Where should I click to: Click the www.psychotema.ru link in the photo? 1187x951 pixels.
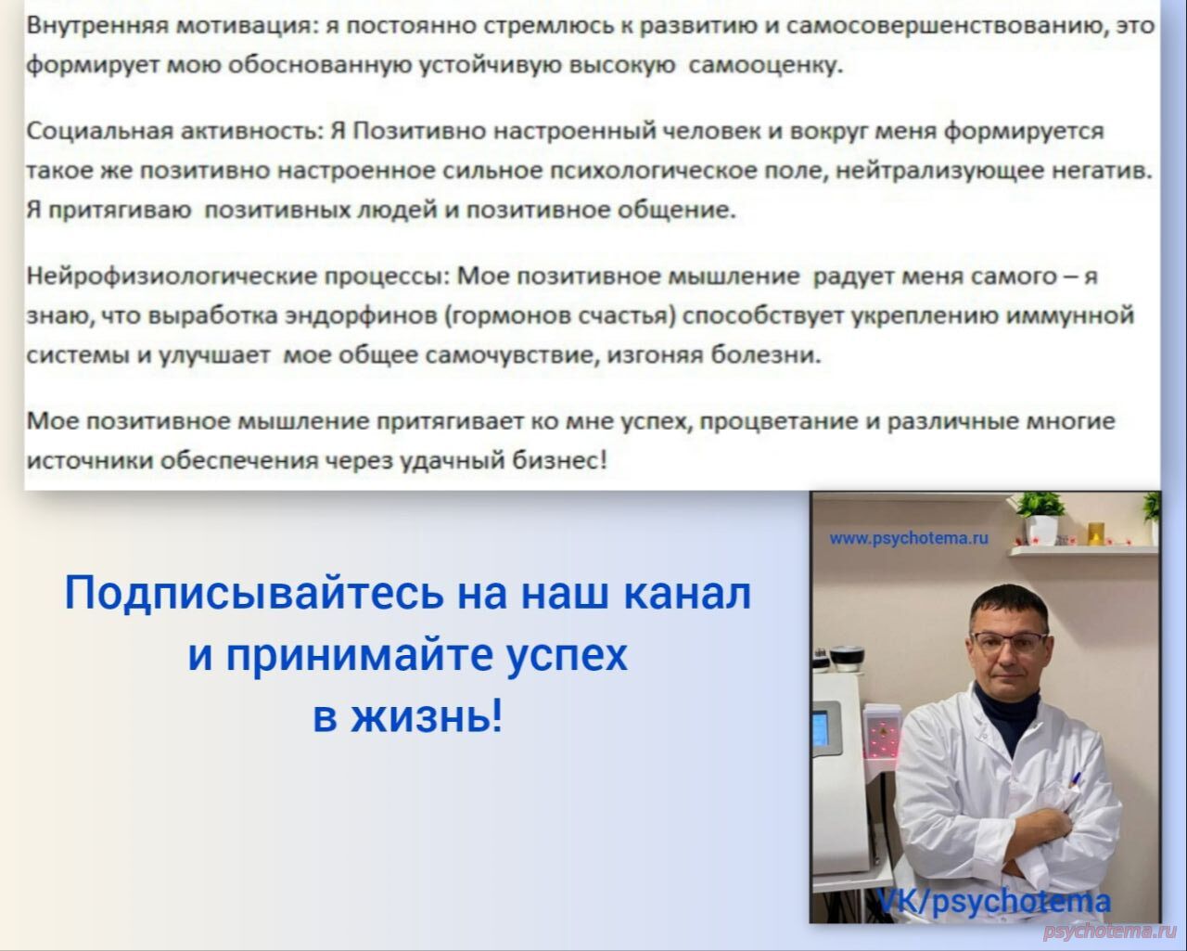[x=908, y=538]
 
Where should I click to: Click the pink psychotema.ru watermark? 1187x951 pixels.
[x=1110, y=931]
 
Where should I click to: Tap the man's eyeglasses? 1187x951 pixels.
[x=1009, y=641]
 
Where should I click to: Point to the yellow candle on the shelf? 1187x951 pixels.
[x=1095, y=533]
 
